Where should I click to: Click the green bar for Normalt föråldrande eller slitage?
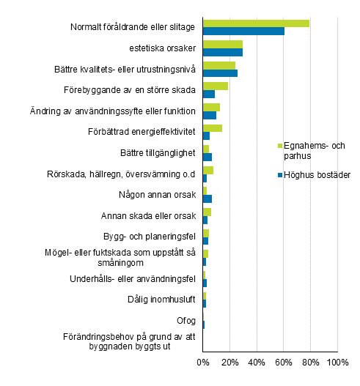[256, 23]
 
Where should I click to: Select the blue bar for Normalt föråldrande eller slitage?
[243, 31]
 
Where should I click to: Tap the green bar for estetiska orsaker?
[222, 45]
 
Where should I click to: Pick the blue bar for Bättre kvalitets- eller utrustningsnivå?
[220, 73]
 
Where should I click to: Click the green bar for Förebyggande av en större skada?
[215, 86]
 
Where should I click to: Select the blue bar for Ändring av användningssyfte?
[209, 115]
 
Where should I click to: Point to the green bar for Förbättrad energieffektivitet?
[212, 128]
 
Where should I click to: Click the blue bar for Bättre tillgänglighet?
[207, 157]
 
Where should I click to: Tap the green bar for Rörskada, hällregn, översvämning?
[207, 170]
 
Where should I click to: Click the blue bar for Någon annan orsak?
[207, 198]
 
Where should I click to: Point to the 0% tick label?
[202, 362]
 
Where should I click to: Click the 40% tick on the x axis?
[256, 362]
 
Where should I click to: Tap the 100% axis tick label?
[337, 362]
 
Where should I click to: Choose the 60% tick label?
[283, 362]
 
